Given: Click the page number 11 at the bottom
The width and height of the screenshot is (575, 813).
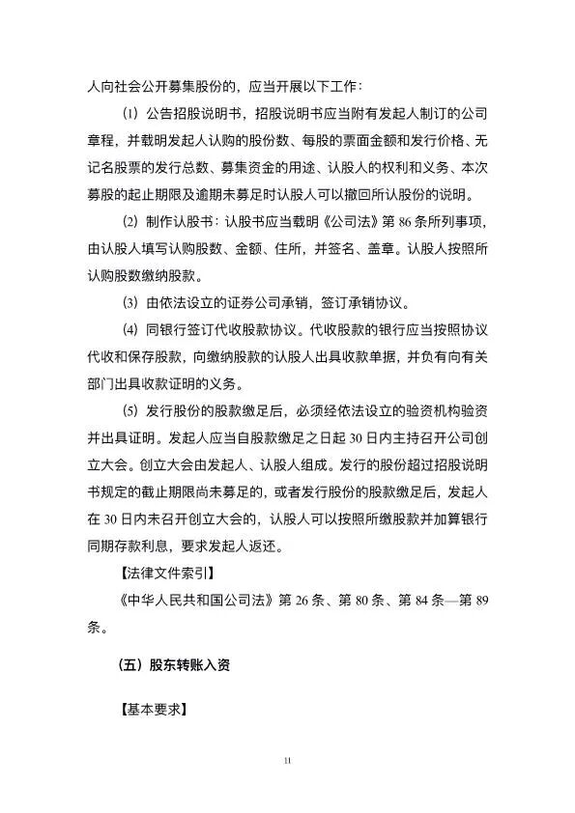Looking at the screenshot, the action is coord(287,763).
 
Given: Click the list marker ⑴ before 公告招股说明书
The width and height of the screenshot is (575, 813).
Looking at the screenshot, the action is coord(131,113).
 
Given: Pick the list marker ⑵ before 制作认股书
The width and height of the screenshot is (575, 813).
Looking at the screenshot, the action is coord(131,220).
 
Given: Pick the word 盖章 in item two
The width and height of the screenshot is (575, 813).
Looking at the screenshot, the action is coord(370,248).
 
